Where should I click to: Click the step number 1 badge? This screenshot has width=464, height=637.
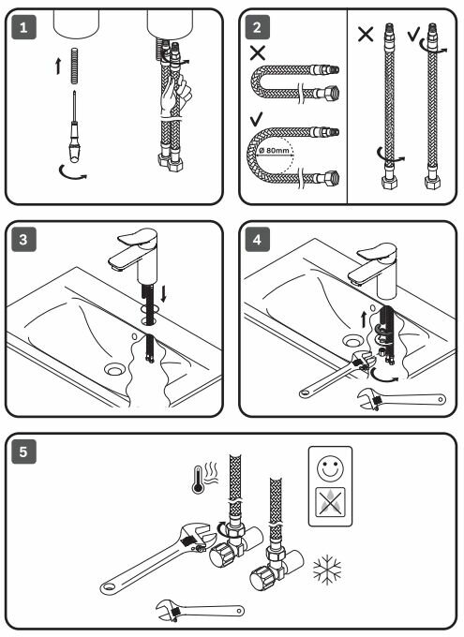click(24, 27)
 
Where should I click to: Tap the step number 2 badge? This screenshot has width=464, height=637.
click(258, 27)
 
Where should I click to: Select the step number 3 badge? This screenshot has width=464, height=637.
click(24, 239)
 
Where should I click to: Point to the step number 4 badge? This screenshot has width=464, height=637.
click(258, 239)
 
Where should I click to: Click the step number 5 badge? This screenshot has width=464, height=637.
click(24, 452)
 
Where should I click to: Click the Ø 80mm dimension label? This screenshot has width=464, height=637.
click(274, 150)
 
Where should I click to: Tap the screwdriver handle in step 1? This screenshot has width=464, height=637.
click(74, 141)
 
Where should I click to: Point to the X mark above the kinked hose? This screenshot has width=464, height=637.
click(258, 52)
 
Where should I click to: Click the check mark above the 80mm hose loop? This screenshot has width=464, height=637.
click(257, 120)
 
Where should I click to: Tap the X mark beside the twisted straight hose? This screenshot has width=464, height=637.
click(366, 34)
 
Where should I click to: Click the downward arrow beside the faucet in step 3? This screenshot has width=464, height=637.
click(163, 293)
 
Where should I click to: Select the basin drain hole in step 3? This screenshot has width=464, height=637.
click(114, 369)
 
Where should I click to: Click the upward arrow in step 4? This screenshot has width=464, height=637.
click(364, 318)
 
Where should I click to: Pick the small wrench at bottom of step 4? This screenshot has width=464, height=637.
click(401, 399)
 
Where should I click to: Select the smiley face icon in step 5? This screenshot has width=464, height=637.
click(330, 467)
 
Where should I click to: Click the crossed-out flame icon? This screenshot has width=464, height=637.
click(330, 502)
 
